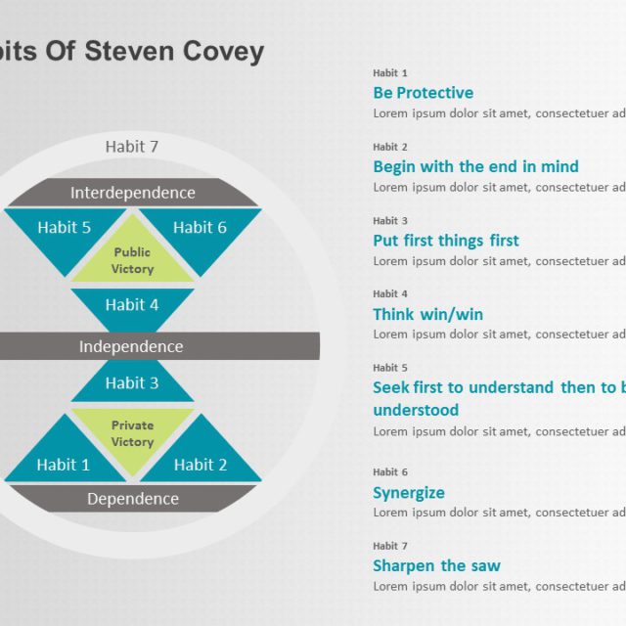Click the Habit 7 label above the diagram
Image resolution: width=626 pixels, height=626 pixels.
pyautogui.click(x=132, y=147)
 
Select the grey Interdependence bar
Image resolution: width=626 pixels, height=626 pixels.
pyautogui.click(x=132, y=193)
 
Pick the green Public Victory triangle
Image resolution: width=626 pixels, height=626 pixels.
pyautogui.click(x=132, y=257)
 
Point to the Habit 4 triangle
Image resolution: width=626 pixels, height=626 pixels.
pyautogui.click(x=132, y=306)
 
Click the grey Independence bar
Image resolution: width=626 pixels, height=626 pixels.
pyautogui.click(x=132, y=346)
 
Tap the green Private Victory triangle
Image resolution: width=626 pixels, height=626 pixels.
pyautogui.click(x=132, y=430)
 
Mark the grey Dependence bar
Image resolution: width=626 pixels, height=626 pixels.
pyautogui.click(x=132, y=499)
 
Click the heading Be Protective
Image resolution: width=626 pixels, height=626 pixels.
pyautogui.click(x=423, y=93)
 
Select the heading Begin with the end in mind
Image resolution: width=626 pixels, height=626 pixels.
pyautogui.click(x=475, y=166)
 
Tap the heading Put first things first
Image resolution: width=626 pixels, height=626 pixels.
pyautogui.click(x=445, y=241)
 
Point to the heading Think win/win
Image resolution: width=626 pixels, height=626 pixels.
pyautogui.click(x=427, y=314)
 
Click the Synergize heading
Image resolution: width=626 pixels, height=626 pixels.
pyautogui.click(x=408, y=493)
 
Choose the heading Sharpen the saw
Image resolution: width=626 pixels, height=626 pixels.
pyautogui.click(x=436, y=565)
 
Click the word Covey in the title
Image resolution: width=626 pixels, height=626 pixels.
pyautogui.click(x=226, y=51)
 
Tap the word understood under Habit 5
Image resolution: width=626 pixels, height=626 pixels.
pyautogui.click(x=416, y=410)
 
